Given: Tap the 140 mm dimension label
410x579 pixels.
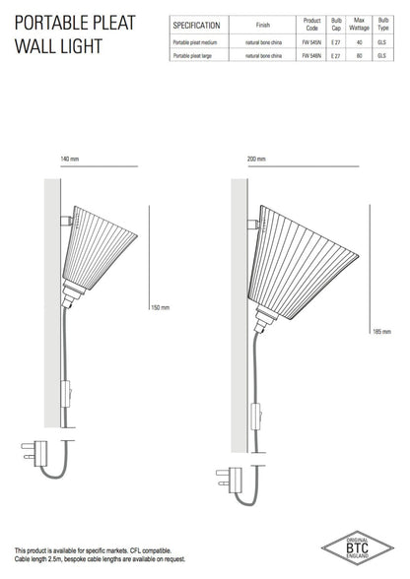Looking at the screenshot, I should (68, 160).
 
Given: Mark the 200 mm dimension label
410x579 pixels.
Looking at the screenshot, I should (256, 160).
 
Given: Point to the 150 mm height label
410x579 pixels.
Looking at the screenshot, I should (159, 307).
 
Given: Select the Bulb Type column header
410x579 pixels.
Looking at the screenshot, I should (385, 26).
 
